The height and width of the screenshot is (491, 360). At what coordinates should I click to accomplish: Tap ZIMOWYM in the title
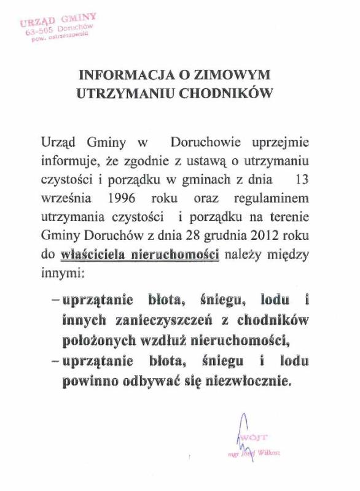[x=240, y=75]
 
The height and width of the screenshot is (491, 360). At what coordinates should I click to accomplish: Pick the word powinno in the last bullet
[x=89, y=381]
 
